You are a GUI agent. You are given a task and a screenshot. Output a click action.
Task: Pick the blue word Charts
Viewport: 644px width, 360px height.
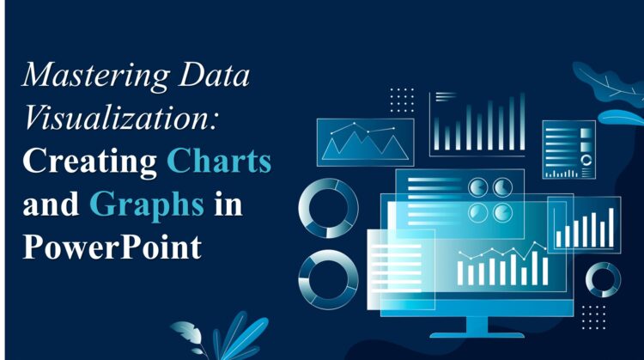219,161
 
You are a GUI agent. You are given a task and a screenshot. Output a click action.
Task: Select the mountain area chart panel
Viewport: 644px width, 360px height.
365,142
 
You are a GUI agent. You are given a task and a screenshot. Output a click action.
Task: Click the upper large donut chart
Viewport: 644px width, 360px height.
329,208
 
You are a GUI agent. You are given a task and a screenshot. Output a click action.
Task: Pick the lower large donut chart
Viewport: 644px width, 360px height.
329,278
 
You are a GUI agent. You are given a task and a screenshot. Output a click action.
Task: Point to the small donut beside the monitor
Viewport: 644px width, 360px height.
604,279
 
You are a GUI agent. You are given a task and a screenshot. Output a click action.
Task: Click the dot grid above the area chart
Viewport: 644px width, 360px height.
401,100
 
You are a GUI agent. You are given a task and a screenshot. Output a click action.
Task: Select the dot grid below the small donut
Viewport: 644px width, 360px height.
592,316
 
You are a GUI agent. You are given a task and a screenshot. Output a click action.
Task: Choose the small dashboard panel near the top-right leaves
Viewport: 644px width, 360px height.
568,149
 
